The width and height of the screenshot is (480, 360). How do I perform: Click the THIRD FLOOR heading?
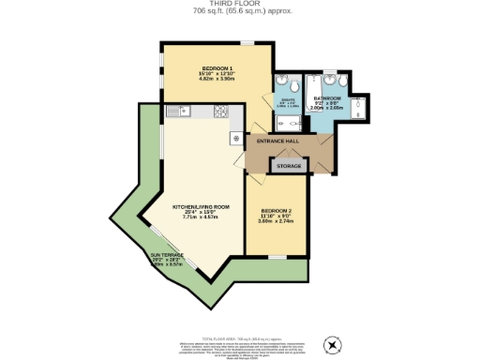coord(239,4)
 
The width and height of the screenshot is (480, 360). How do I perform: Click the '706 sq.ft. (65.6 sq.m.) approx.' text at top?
coord(239,11)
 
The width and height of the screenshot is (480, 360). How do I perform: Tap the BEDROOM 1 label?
coord(217,69)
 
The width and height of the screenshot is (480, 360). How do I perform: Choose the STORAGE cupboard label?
coord(289,166)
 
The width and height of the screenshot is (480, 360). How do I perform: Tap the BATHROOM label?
coord(328,97)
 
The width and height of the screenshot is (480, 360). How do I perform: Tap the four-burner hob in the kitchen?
coord(222,112)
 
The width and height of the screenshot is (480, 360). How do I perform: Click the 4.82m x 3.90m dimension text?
coord(217,81)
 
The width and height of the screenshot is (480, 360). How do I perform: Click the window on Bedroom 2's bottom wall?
coord(277,255)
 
